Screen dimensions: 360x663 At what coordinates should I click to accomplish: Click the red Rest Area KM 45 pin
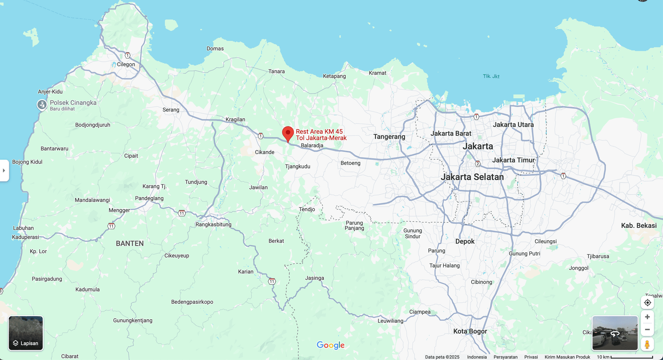[x=288, y=133]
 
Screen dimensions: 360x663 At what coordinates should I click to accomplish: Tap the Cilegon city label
[x=126, y=64]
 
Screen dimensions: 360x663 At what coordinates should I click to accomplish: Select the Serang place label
[x=171, y=110]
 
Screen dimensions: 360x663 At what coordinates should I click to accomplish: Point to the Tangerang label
[x=389, y=137]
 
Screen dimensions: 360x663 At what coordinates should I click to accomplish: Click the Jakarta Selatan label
[x=472, y=177]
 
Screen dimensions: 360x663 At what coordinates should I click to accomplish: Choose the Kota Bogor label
[x=470, y=331]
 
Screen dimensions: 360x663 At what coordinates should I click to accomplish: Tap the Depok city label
[x=465, y=241]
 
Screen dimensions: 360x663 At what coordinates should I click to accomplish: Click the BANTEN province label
[x=130, y=243]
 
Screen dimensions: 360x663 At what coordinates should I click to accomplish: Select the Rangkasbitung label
[x=213, y=224]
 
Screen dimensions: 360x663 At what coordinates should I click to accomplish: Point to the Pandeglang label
[x=149, y=198]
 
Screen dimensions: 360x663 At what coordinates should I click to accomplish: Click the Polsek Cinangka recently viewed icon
[x=42, y=105]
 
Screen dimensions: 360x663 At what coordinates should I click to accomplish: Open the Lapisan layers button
[x=26, y=333]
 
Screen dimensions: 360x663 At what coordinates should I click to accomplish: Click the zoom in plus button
[x=647, y=317]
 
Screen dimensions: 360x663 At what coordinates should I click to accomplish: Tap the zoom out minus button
[x=647, y=330]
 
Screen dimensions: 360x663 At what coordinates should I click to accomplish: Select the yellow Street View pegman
[x=647, y=344]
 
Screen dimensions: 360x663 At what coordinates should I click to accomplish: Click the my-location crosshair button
[x=647, y=303]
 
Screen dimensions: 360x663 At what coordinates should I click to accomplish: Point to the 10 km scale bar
[x=632, y=357]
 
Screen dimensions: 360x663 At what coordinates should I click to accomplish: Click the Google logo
[x=330, y=345]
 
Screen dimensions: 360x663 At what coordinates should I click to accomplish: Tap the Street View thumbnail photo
[x=615, y=333]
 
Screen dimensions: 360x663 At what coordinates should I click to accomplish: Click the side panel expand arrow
[x=4, y=171]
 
